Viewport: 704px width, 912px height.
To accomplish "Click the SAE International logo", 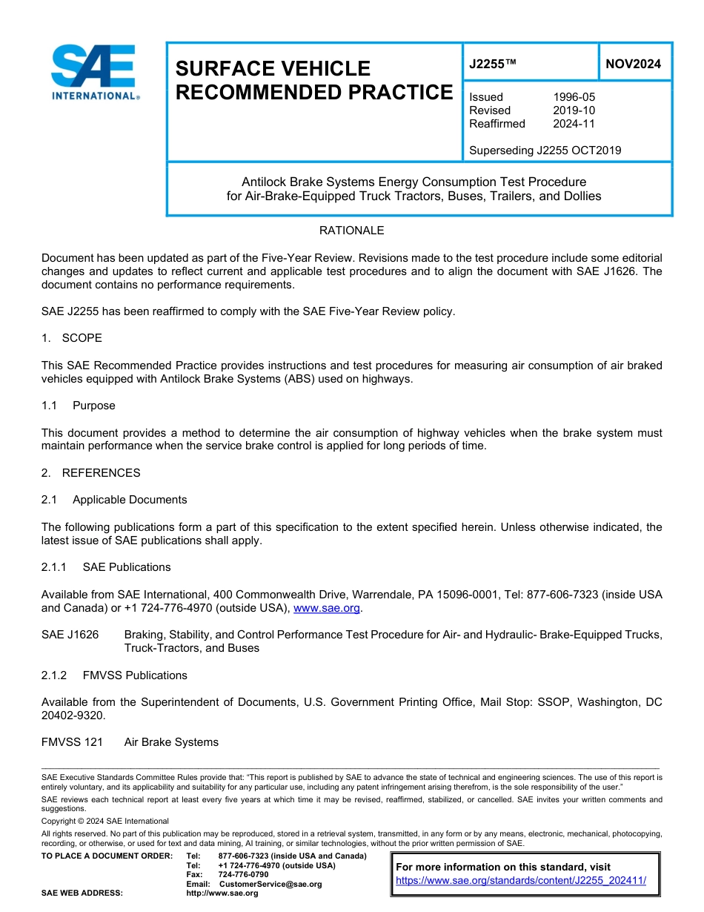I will pos(93,72).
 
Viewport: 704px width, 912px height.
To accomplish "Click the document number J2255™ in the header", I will pos(492,65).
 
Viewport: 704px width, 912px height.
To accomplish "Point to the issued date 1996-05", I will pos(574,97).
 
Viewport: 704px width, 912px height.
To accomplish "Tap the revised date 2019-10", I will pos(574,110).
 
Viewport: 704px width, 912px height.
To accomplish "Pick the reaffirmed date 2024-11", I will pos(574,124).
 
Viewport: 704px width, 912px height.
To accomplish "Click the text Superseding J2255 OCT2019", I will pos(545,151).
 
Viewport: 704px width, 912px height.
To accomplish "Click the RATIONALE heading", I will pos(351,231).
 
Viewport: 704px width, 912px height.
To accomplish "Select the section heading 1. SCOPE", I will pos(72,338).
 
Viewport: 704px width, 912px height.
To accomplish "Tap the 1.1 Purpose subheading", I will pos(78,406).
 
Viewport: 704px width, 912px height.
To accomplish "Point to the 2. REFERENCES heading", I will pos(90,473).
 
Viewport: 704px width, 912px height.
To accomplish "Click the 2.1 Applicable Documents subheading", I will pos(114,500).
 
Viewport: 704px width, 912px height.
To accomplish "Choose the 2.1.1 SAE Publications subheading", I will pos(106,567).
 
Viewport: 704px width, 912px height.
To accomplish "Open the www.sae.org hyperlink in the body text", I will pos(327,608).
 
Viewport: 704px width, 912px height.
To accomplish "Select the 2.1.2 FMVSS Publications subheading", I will pos(114,675).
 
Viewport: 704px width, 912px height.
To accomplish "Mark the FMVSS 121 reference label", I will pos(72,742).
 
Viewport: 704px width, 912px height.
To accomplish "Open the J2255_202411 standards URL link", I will pos(521,880).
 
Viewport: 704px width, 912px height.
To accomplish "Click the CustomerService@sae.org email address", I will pos(270,884).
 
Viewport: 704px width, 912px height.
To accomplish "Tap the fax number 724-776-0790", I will pos(243,875).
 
